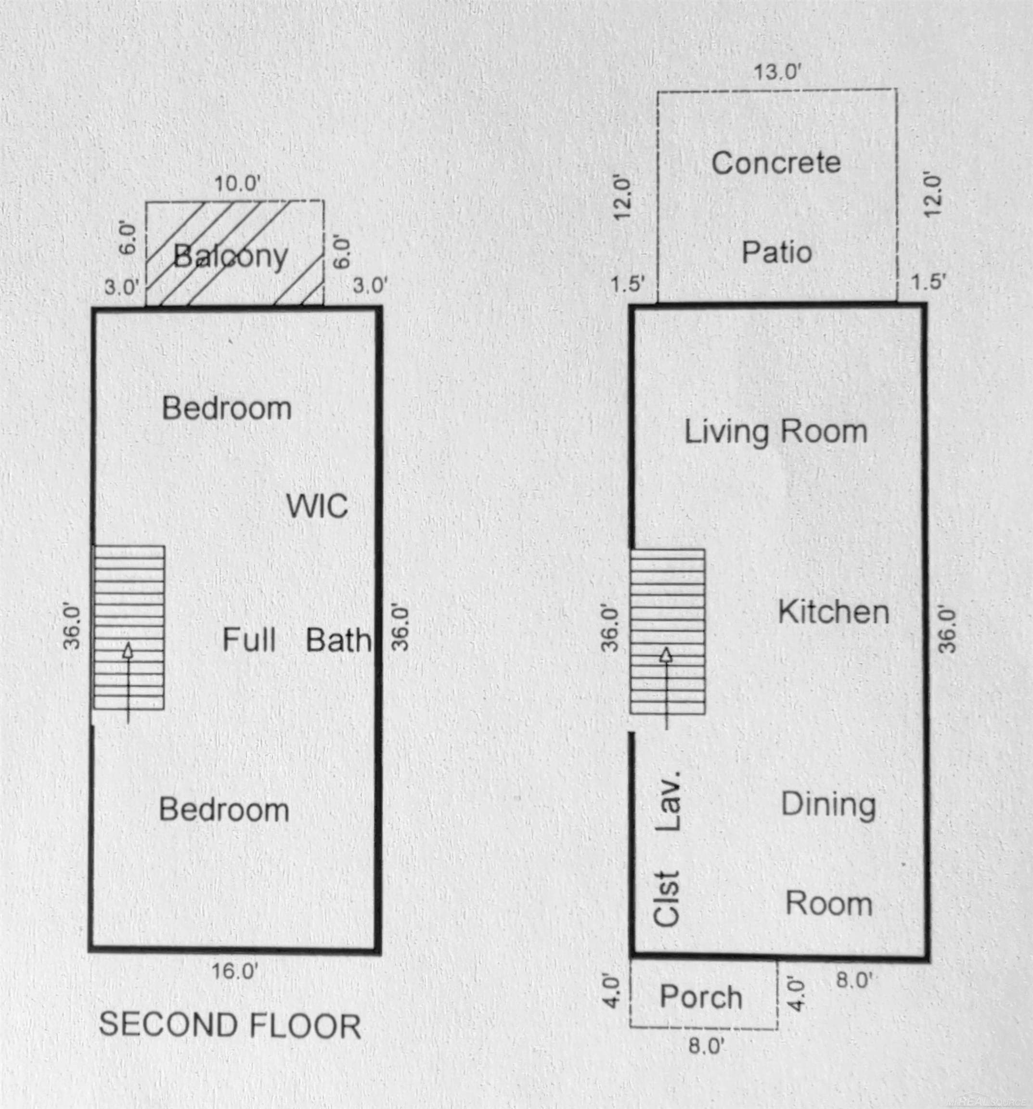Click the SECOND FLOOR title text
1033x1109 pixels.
[230, 1025]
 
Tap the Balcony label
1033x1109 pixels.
[231, 257]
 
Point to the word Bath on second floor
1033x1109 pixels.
[338, 640]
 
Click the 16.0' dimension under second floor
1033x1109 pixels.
[234, 972]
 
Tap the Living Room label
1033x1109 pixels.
[776, 432]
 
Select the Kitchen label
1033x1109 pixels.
[833, 612]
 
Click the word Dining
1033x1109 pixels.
[828, 805]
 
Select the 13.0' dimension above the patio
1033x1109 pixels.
[777, 73]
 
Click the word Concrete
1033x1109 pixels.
[776, 163]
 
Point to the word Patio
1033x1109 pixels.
[776, 253]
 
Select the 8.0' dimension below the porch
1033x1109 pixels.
[706, 1046]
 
